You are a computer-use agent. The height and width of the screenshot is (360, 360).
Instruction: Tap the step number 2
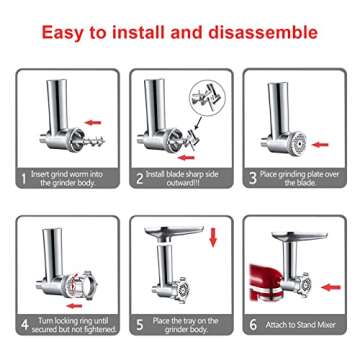point(139,181)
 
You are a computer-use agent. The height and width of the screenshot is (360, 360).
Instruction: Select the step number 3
point(253,181)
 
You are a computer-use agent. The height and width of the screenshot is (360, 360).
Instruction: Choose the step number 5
point(139,326)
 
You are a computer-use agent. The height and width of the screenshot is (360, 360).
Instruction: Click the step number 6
point(254,326)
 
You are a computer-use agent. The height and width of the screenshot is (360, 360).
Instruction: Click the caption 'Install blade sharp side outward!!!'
point(186,181)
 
